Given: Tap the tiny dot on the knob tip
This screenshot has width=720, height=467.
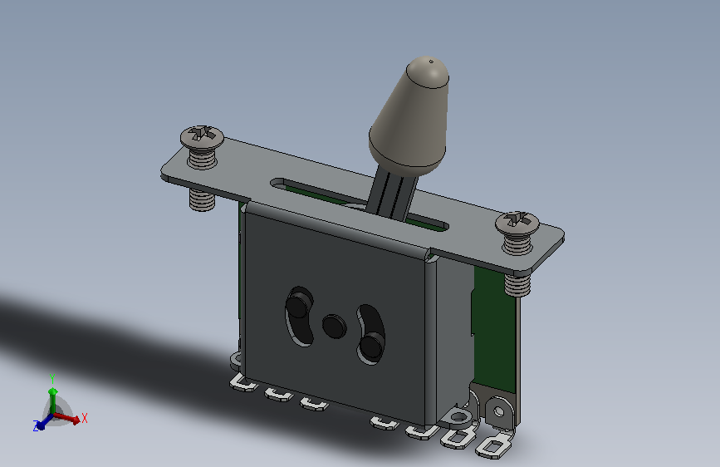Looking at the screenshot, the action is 431,61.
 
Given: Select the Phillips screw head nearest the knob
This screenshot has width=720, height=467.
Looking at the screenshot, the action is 517,222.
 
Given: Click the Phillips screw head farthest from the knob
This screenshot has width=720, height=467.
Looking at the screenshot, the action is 202,136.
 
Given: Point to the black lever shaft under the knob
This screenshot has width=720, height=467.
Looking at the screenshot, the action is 392,192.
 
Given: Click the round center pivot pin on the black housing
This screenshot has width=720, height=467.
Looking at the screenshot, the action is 335,327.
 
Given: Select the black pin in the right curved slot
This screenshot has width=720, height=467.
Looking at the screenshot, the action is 371,345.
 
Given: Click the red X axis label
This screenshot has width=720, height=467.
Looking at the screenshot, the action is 85,418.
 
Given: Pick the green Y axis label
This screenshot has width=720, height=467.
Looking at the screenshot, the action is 52,378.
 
